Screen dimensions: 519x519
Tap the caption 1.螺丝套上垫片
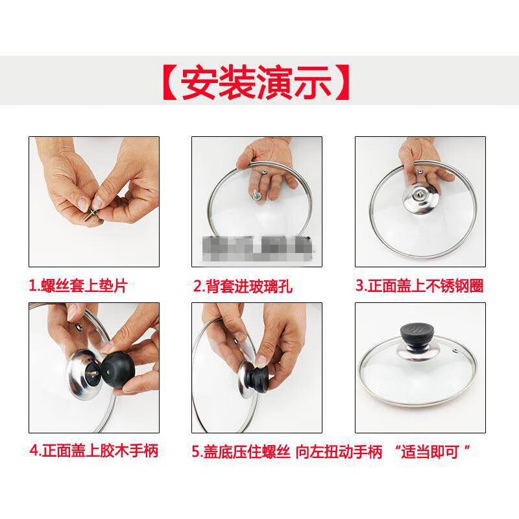pos(78,285)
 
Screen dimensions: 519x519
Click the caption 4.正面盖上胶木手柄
pos(93,450)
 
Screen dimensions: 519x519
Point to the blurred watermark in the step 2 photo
pos(256,247)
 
